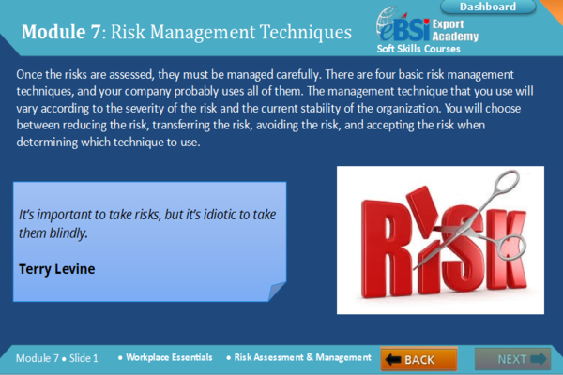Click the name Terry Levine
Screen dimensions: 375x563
(56, 268)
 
